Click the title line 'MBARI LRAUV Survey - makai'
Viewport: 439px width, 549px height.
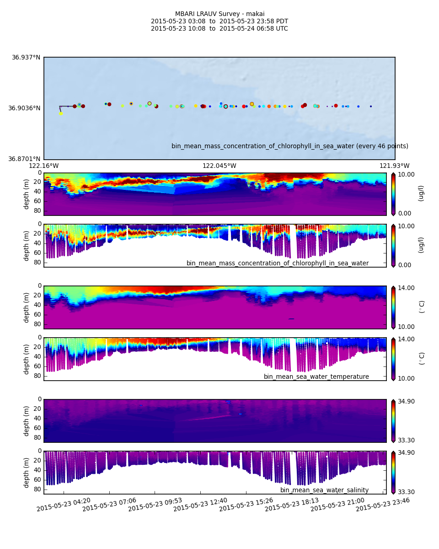[x=219, y=14]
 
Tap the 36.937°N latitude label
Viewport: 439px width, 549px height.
[x=26, y=58]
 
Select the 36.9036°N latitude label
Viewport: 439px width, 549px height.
[x=24, y=108]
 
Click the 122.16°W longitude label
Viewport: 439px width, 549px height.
[x=44, y=166]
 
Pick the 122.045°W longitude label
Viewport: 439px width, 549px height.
[x=219, y=166]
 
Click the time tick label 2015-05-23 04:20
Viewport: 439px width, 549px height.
[x=64, y=505]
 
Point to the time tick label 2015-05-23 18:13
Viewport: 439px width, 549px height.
[x=292, y=505]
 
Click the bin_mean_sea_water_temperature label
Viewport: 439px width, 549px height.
[x=316, y=377]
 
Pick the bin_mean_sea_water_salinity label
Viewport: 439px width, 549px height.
[x=324, y=490]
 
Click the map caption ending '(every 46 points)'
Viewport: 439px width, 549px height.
[x=289, y=146]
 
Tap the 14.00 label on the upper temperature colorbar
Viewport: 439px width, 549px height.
[x=406, y=288]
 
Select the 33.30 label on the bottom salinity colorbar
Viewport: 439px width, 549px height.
[x=406, y=492]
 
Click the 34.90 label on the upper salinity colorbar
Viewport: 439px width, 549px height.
[x=406, y=401]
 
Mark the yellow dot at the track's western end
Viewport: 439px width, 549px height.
[x=61, y=113]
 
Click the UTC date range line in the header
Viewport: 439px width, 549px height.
[x=219, y=29]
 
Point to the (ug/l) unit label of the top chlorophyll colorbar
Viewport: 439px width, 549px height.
[x=421, y=193]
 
